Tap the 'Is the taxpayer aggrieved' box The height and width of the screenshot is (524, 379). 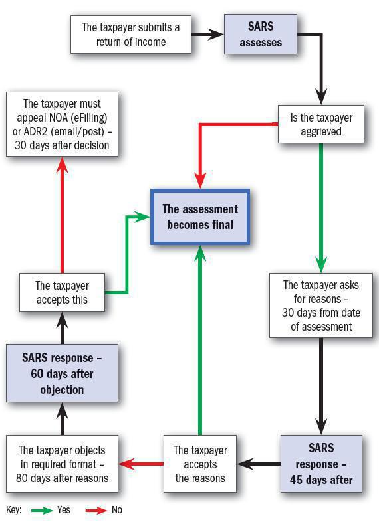(322, 124)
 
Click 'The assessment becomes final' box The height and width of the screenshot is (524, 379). (200, 217)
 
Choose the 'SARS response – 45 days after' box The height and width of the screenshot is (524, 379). (321, 464)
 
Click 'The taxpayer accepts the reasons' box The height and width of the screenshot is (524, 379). (199, 464)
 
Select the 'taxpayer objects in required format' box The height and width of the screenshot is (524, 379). (62, 464)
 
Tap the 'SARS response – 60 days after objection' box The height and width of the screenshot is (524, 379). (62, 373)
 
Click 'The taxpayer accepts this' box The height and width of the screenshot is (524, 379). (62, 293)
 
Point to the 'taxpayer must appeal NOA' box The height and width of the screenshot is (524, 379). (62, 124)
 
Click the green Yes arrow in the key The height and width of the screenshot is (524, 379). (41, 510)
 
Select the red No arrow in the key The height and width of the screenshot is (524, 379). (97, 510)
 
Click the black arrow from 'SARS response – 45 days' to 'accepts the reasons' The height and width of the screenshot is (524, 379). (259, 464)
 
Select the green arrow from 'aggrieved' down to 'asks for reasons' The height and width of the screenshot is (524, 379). (321, 206)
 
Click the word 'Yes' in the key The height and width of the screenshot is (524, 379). (64, 510)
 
